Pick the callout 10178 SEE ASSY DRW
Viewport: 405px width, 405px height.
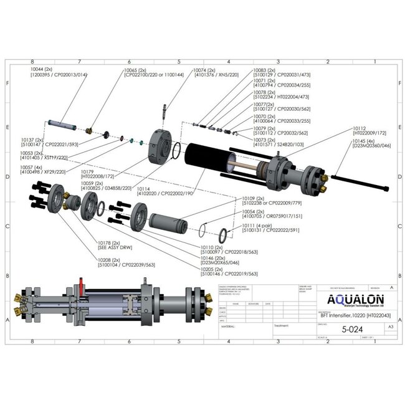point(110,244)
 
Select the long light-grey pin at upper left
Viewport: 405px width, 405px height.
point(62,125)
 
